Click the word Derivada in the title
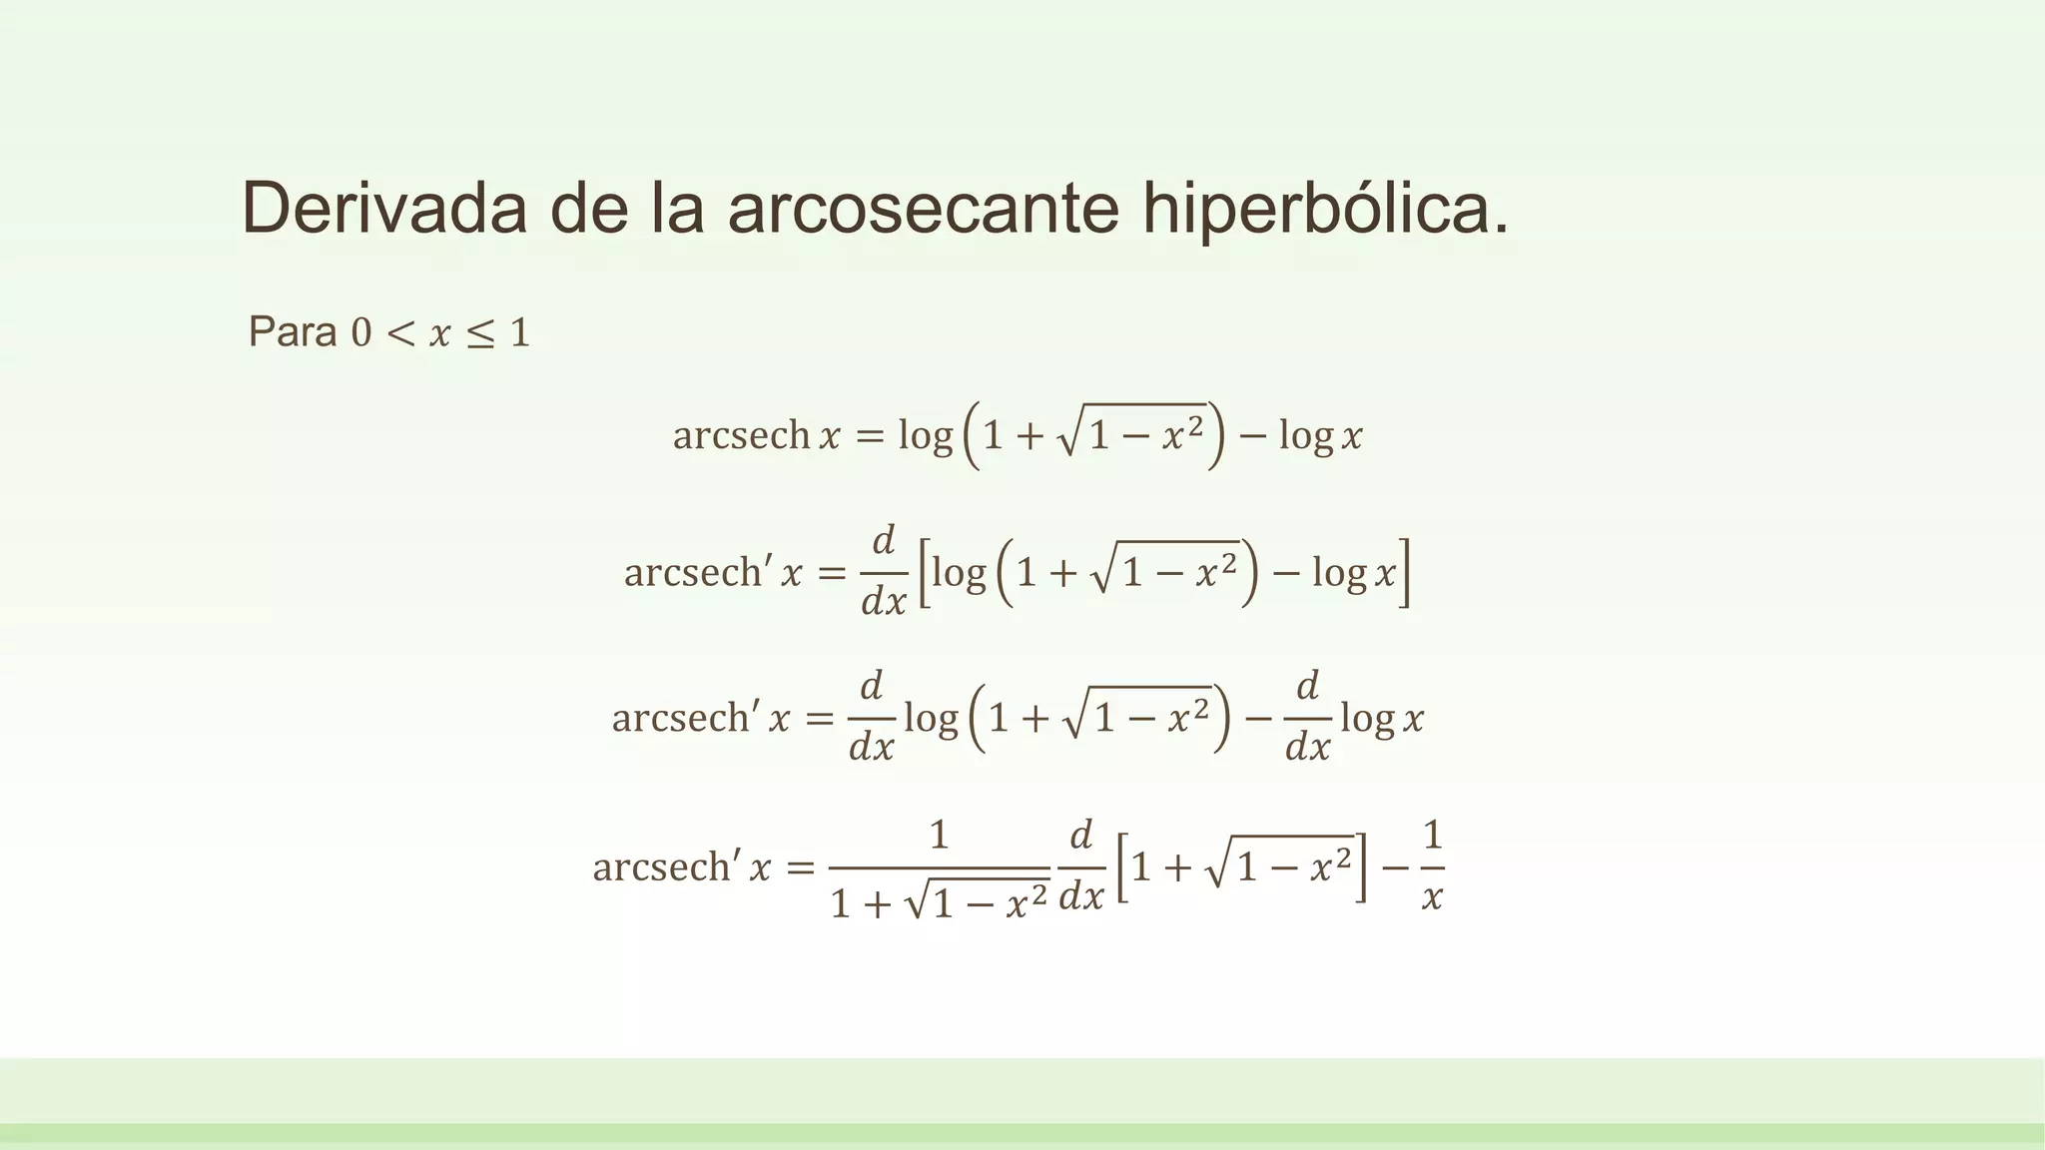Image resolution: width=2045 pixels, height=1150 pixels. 384,209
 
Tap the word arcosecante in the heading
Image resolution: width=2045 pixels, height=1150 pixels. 923,209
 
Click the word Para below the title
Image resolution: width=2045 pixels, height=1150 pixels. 292,331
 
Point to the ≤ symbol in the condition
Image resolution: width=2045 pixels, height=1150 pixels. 480,333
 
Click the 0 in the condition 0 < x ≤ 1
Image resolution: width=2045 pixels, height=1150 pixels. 360,333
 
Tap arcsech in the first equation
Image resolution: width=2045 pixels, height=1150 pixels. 741,435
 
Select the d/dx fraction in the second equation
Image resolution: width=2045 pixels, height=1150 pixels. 884,572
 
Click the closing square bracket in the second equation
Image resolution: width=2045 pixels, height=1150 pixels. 1404,573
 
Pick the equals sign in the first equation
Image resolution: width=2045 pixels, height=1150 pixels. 870,436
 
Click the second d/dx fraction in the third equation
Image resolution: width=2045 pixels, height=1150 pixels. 1307,717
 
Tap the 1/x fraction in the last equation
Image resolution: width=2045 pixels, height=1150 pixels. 1432,865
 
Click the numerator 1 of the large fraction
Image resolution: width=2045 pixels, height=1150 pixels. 939,835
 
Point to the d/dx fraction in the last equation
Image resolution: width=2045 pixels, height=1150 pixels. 1081,865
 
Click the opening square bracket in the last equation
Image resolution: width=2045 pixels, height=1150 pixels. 1122,867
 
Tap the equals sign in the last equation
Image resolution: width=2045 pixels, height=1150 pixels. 800,867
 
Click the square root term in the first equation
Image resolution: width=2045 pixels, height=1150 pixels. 1133,432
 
